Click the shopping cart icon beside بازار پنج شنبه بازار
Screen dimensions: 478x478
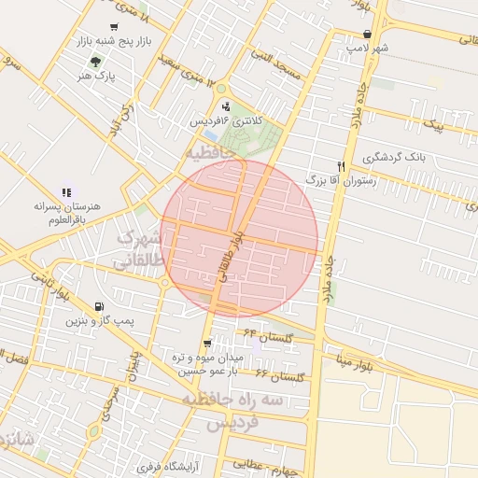[x=114, y=28]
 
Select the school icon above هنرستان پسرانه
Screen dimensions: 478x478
[x=66, y=191]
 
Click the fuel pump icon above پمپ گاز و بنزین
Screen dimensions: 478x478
[x=99, y=306]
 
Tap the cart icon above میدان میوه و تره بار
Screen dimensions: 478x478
[x=207, y=344]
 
